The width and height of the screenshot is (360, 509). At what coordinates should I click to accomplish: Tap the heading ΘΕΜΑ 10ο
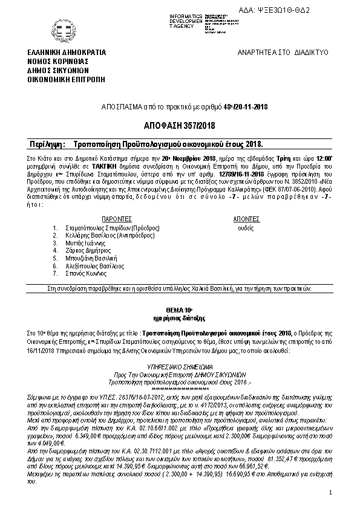pos(179,309)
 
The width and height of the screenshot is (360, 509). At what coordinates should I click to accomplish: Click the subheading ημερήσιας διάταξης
pos(179,317)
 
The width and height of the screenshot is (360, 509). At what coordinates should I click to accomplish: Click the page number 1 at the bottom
pos(331,493)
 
